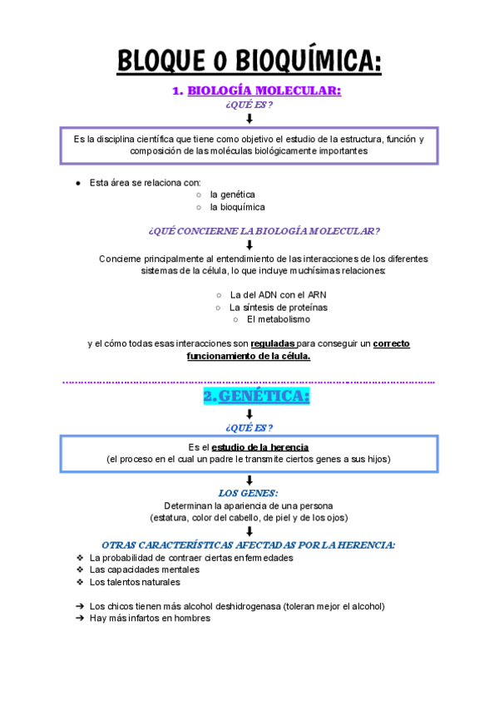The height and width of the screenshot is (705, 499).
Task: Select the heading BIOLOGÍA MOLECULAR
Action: (264, 91)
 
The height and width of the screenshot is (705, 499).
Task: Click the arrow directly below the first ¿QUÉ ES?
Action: (249, 119)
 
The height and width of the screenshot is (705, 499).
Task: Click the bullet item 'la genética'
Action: (232, 194)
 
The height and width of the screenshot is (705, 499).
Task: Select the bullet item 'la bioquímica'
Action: (237, 207)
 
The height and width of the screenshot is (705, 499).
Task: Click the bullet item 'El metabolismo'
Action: (278, 319)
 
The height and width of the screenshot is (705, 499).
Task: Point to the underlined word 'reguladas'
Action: (272, 343)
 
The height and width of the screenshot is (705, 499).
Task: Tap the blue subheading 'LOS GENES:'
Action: (249, 493)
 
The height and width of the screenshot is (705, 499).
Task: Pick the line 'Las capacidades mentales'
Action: (144, 569)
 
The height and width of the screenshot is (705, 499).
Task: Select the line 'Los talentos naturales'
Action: (135, 582)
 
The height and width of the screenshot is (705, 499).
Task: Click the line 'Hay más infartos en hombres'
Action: (150, 618)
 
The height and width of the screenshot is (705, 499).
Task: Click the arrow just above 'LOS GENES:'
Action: (249, 480)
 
